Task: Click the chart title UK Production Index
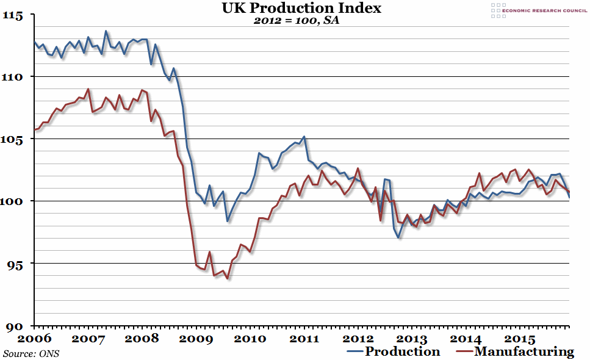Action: (295, 9)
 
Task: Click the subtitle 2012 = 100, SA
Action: (296, 21)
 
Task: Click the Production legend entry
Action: (401, 351)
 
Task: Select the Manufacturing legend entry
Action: (523, 351)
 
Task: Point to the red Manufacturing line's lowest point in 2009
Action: (228, 278)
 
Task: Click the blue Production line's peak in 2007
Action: (106, 31)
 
